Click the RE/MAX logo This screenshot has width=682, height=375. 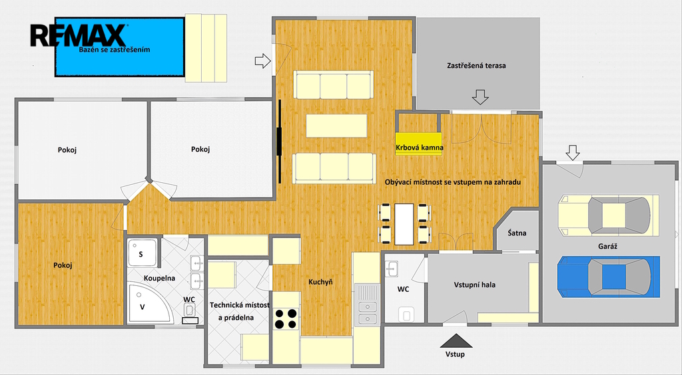coord(79,35)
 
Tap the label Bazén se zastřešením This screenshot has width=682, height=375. coord(115,49)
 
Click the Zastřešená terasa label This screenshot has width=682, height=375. coord(476,66)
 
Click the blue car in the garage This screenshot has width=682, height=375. coord(609,277)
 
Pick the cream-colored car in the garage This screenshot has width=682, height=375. coord(609,215)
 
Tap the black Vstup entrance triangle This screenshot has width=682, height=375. coord(456,340)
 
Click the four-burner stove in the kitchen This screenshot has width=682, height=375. coord(286,319)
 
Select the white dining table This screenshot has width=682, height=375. coord(404,224)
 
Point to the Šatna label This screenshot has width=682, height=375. coord(517,233)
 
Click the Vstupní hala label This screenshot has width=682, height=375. coord(474,285)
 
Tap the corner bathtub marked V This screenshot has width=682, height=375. coord(149,303)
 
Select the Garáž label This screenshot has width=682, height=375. coord(607,246)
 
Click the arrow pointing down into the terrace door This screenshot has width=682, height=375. coord(480,97)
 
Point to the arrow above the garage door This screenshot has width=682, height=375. coord(573,152)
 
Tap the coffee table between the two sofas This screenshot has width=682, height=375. coord(336,126)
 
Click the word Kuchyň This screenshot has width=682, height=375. coord(320,282)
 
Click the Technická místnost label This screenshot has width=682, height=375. coord(239,305)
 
